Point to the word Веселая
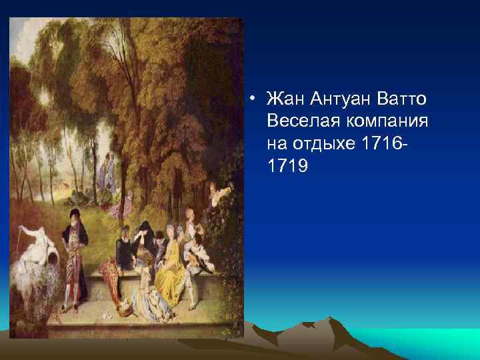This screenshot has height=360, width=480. [301, 121]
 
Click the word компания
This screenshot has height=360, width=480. [387, 121]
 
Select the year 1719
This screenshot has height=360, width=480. [287, 164]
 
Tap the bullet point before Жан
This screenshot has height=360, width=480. [253, 101]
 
